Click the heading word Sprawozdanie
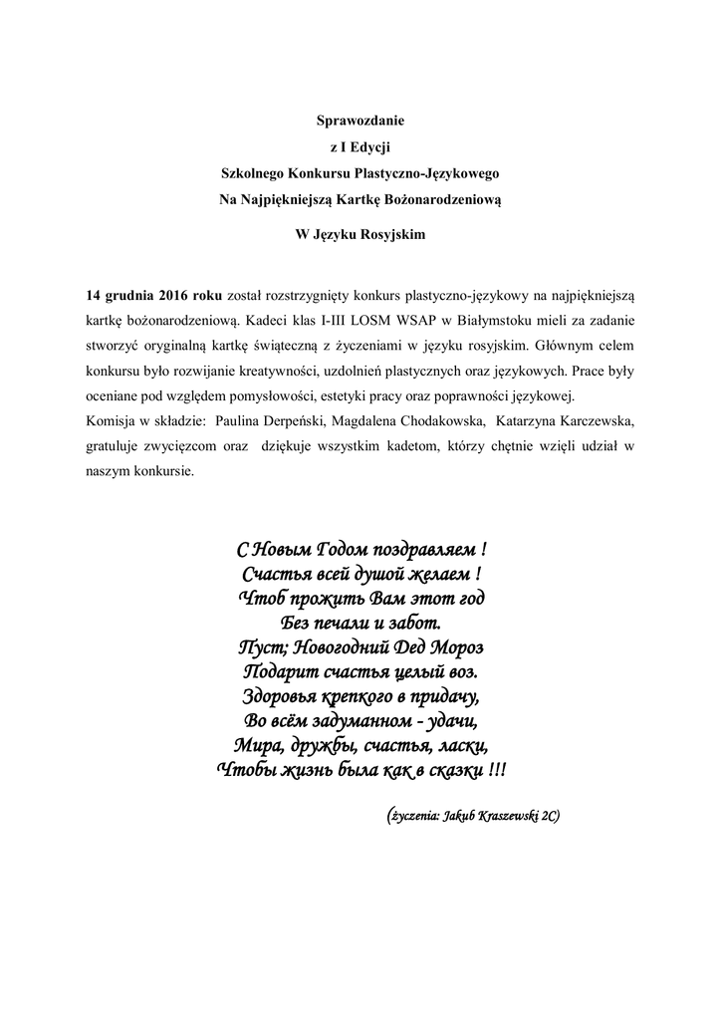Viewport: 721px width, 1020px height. [360, 122]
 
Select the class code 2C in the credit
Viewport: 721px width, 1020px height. [549, 816]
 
